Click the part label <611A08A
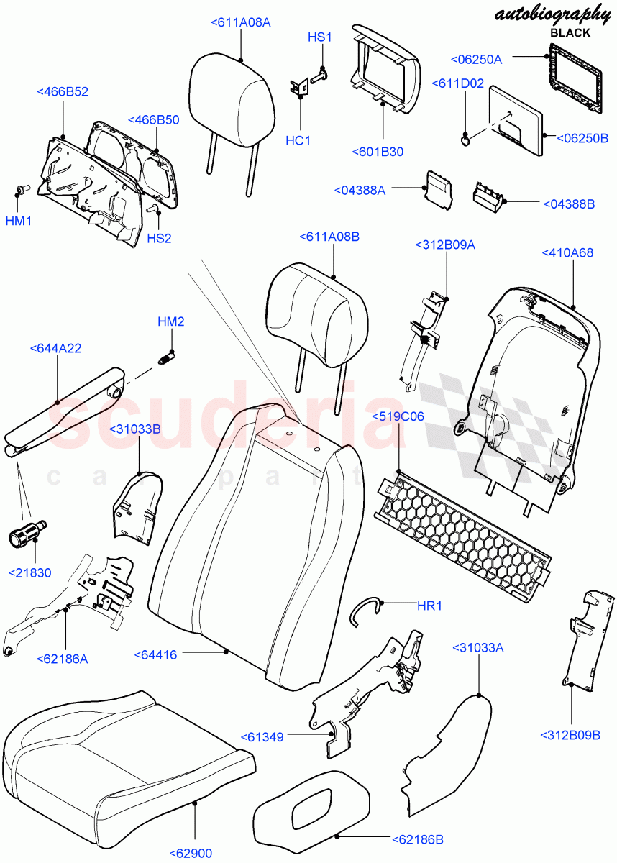point(240,22)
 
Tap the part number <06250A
point(476,60)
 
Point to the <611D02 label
point(457,83)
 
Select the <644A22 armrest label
point(55,348)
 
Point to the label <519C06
point(398,416)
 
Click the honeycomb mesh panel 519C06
point(464,532)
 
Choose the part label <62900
point(191,853)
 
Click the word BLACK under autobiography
point(570,32)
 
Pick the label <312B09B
point(570,734)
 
